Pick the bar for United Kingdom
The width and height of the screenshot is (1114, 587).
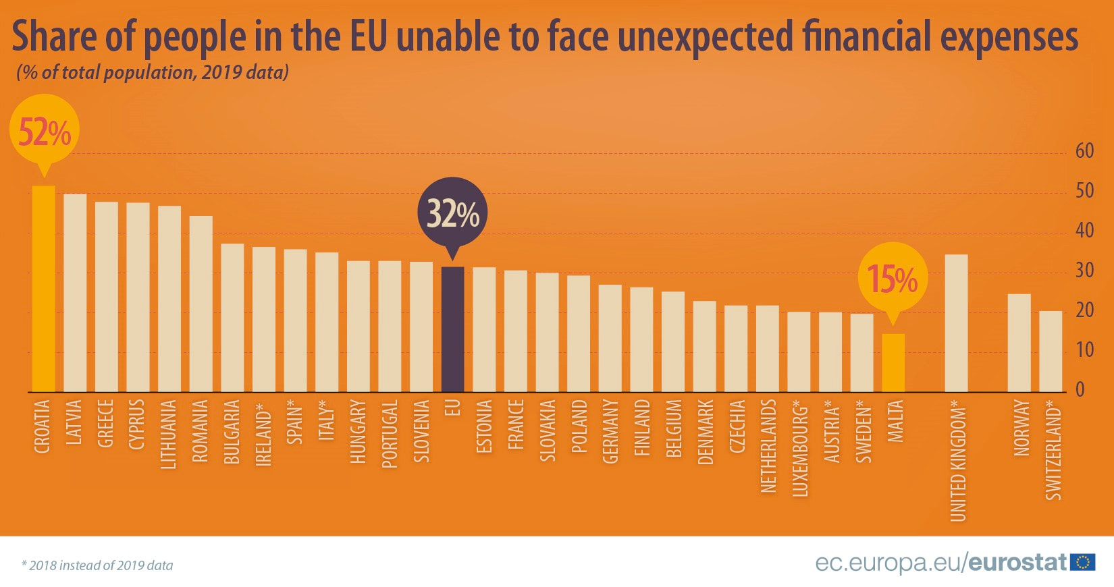[x=956, y=323]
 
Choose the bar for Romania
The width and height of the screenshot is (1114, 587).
[x=201, y=304]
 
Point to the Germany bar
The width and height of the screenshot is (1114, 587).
[x=610, y=338]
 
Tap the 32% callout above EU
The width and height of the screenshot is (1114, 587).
[x=452, y=213]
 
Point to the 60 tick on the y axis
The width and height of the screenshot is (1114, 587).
[x=1084, y=151]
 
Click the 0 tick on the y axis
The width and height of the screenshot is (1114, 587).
[x=1080, y=390]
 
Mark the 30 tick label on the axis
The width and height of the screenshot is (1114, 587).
[x=1084, y=271]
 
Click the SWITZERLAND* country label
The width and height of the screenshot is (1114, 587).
[x=1053, y=449]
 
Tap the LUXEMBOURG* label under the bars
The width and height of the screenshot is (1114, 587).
[x=799, y=448]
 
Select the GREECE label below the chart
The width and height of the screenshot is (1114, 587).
[x=105, y=423]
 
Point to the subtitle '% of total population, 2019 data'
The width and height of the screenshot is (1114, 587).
[x=153, y=72]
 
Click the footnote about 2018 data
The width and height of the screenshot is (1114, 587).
[x=97, y=565]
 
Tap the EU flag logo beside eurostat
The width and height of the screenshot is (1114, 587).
[x=1083, y=562]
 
